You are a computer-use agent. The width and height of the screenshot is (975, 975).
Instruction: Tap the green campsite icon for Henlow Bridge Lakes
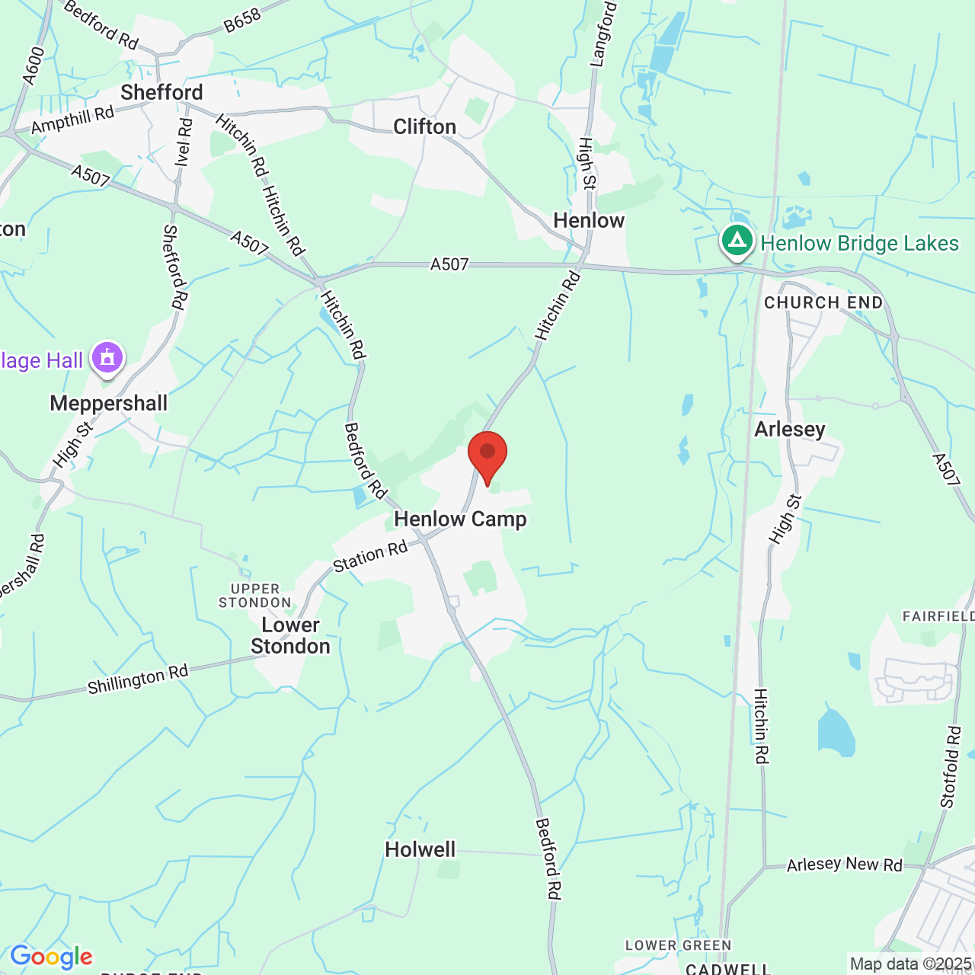737,241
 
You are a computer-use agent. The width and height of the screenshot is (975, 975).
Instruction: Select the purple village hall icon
107,358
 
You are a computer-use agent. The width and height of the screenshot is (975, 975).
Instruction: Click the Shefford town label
161,93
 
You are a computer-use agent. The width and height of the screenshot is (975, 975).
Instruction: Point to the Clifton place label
424,126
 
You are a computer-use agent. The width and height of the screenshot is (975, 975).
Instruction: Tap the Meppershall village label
108,403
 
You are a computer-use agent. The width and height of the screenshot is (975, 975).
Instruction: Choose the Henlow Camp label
460,519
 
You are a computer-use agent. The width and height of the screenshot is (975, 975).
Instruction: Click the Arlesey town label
790,430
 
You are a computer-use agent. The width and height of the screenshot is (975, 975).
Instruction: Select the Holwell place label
420,849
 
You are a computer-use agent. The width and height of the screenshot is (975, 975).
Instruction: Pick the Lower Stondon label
290,635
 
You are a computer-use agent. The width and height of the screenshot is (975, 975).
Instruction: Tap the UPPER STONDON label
255,596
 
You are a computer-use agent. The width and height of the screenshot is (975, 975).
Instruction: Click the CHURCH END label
823,302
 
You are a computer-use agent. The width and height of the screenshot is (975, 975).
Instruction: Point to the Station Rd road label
370,556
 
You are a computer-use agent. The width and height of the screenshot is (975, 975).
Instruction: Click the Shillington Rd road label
138,679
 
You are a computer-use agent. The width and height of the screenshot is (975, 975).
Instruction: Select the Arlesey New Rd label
844,865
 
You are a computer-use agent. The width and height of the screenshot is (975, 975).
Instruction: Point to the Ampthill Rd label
72,120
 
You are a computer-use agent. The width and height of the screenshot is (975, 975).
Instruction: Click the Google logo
51,957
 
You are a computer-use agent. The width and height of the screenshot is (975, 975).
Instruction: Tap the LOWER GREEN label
678,945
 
